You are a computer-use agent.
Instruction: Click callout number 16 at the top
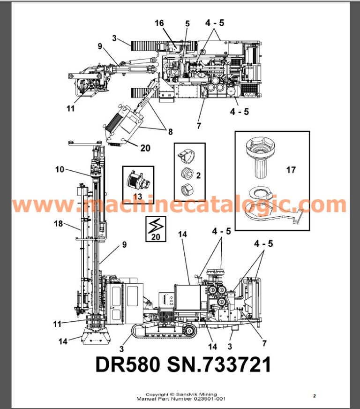pyautogui.click(x=159, y=23)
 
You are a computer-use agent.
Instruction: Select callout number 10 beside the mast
pyautogui.click(x=60, y=169)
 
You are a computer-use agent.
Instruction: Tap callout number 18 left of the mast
pyautogui.click(x=59, y=224)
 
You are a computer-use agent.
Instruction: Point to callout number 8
pyautogui.click(x=171, y=132)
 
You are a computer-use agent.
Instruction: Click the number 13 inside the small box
pyautogui.click(x=137, y=196)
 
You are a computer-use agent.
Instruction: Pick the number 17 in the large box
pyautogui.click(x=291, y=170)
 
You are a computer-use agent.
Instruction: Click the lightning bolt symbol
pyautogui.click(x=156, y=225)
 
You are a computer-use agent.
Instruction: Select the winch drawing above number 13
pyautogui.click(x=138, y=180)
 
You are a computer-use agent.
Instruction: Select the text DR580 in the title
pyautogui.click(x=127, y=364)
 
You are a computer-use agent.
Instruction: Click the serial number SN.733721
pyautogui.click(x=219, y=364)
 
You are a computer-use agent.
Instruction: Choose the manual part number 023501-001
pyautogui.click(x=210, y=399)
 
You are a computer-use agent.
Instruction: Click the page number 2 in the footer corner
pyautogui.click(x=315, y=396)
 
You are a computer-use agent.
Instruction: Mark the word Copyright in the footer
pyautogui.click(x=157, y=394)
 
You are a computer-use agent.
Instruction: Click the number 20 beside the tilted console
pyautogui.click(x=145, y=148)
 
